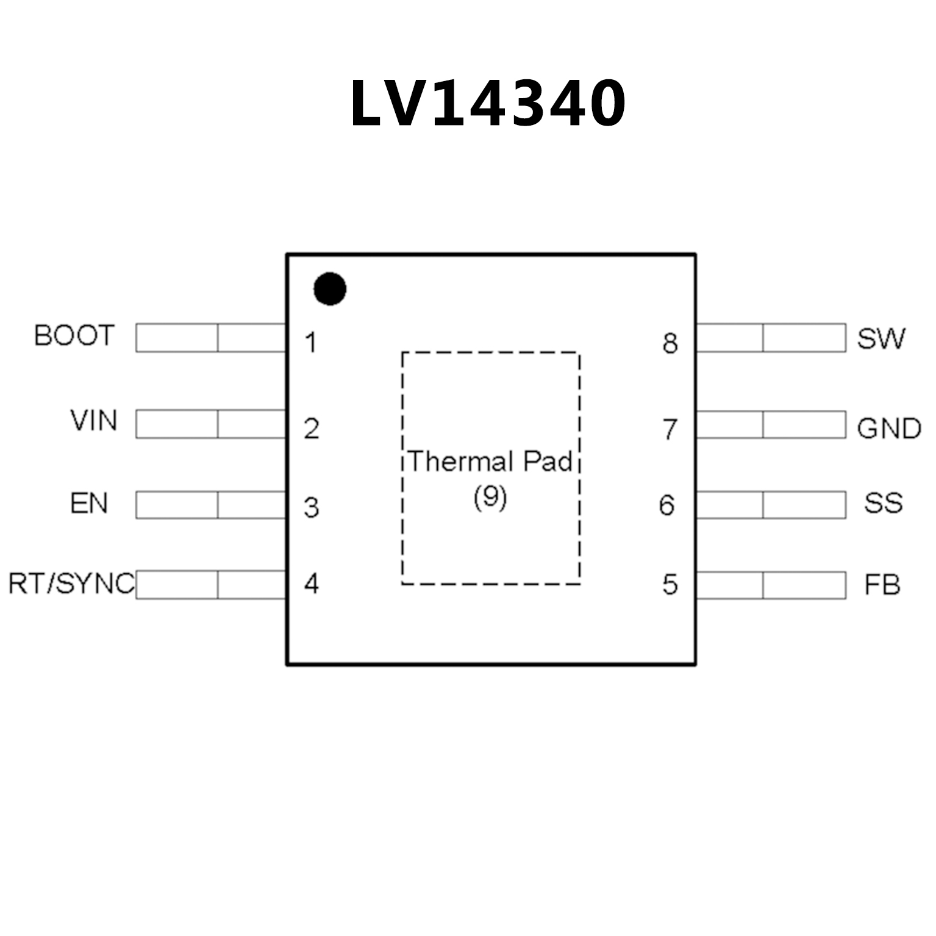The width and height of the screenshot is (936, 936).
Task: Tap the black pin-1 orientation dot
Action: click(x=330, y=289)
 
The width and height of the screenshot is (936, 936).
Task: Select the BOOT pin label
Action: click(x=74, y=336)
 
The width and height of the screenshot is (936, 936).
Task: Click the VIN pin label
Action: click(x=93, y=421)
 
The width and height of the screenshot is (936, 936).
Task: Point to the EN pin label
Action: click(x=89, y=504)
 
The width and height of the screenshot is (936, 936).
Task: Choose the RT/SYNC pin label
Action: click(x=71, y=584)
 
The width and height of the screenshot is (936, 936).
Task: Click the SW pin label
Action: click(x=881, y=338)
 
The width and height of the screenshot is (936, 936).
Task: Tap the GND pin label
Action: click(x=888, y=429)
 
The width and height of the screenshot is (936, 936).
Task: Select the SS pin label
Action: click(x=883, y=503)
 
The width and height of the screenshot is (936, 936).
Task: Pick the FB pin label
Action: click(x=882, y=585)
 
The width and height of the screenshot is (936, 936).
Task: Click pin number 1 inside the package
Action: click(x=311, y=343)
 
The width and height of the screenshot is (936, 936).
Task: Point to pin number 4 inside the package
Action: click(x=311, y=584)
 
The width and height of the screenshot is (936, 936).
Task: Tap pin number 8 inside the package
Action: click(x=670, y=343)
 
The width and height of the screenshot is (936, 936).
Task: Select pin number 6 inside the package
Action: click(x=666, y=506)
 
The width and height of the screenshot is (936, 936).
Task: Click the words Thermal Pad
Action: click(x=490, y=462)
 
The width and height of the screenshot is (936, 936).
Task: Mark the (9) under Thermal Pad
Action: click(x=490, y=498)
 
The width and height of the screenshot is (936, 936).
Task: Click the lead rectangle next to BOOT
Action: click(x=211, y=338)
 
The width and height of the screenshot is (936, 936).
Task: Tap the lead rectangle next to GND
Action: click(x=771, y=424)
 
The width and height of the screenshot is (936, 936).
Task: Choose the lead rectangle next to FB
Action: click(x=771, y=585)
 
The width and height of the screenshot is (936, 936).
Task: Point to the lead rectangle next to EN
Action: click(x=211, y=505)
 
